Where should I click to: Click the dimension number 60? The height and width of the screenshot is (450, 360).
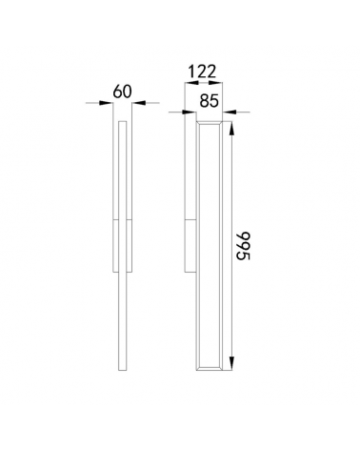pos(121,92)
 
